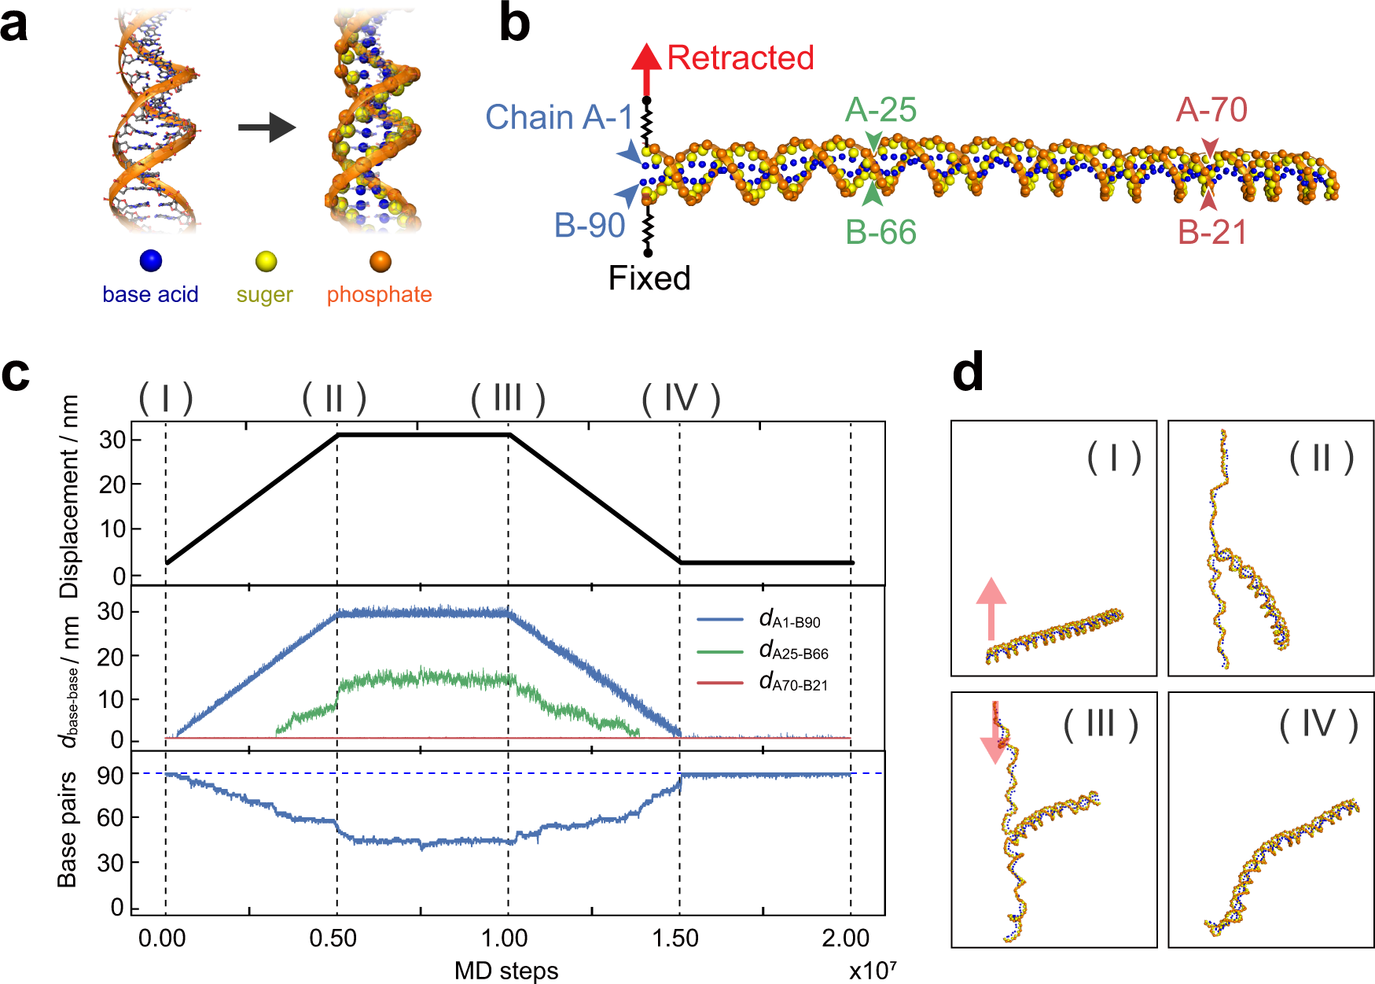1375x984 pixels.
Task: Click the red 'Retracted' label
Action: click(x=740, y=58)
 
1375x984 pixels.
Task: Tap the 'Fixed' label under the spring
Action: click(x=649, y=278)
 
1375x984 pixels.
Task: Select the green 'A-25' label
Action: click(x=881, y=110)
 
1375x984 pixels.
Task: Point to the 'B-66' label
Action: click(x=881, y=233)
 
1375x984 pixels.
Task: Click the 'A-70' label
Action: click(x=1211, y=110)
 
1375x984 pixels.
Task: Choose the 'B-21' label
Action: click(x=1212, y=233)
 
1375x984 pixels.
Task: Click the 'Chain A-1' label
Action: click(x=559, y=118)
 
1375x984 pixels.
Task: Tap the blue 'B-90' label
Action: click(x=590, y=226)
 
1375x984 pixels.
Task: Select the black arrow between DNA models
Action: click(x=267, y=127)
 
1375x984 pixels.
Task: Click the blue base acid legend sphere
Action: click(x=150, y=261)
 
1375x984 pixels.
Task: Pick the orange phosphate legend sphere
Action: click(x=380, y=261)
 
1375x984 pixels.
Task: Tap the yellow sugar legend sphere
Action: click(x=266, y=261)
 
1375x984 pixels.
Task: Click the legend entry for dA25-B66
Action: click(x=792, y=651)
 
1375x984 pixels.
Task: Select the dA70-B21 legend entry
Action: click(x=792, y=683)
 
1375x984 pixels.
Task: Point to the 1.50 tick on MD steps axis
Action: click(x=675, y=938)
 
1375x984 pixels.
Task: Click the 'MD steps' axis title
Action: click(x=506, y=971)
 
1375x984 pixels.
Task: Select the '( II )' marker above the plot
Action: click(x=334, y=399)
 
